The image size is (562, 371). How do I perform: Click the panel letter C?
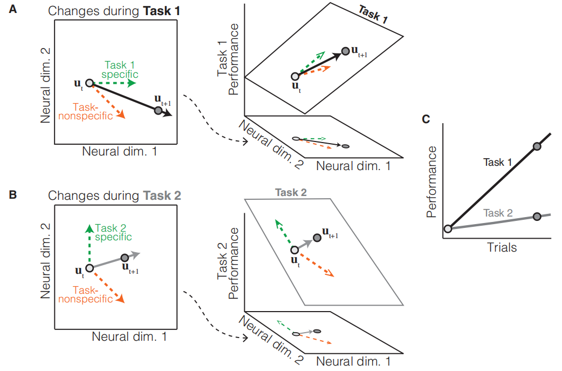(426, 119)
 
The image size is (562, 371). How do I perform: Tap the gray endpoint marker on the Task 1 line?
(537, 146)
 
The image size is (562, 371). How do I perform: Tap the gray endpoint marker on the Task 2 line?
(537, 217)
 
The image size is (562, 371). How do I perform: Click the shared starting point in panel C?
(448, 228)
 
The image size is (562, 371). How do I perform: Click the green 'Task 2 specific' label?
(113, 232)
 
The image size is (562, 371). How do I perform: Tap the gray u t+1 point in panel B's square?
(125, 258)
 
